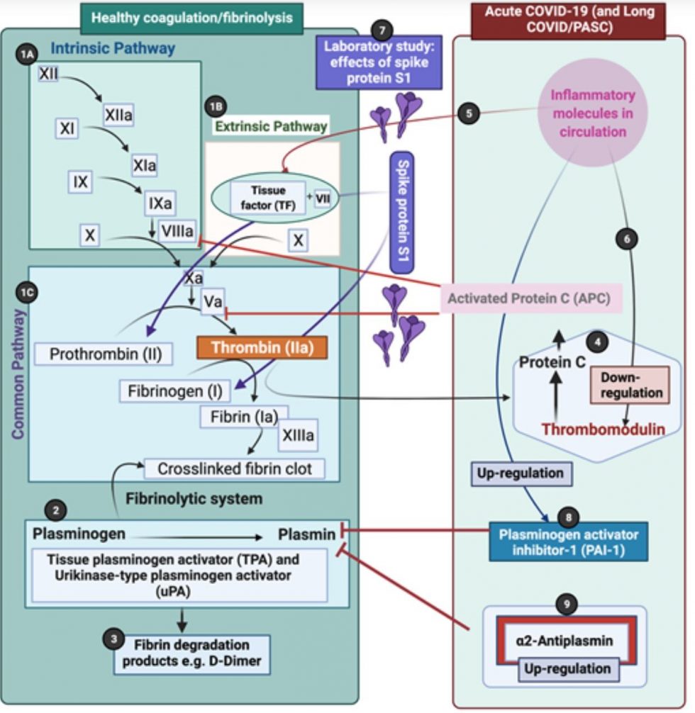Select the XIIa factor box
pyautogui.click(x=118, y=115)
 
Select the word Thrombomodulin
pyautogui.click(x=603, y=429)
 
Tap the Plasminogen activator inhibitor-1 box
pyautogui.click(x=568, y=542)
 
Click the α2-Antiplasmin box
pyautogui.click(x=565, y=641)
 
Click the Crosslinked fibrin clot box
pyautogui.click(x=234, y=468)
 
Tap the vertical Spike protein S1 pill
pyautogui.click(x=401, y=212)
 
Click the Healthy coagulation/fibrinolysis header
pyautogui.click(x=191, y=18)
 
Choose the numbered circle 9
pyautogui.click(x=566, y=603)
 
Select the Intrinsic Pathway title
pyautogui.click(x=112, y=49)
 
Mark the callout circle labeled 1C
pyautogui.click(x=27, y=291)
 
